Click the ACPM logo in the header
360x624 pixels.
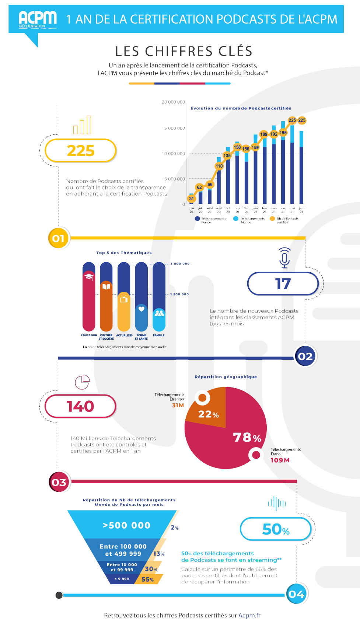coord(38,19)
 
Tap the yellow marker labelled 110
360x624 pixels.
coord(219,166)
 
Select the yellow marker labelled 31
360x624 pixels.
coord(191,199)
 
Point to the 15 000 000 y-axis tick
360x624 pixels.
coord(173,128)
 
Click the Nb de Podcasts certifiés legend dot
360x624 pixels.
coord(272,218)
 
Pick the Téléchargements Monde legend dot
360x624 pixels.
coord(236,218)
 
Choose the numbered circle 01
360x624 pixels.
coord(58,238)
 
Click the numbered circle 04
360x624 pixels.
coord(297,594)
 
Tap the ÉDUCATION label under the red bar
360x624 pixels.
coord(89,335)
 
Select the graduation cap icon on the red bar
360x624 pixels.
coord(89,276)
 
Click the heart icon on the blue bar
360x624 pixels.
coord(141,309)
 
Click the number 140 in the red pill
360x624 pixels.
coord(80,406)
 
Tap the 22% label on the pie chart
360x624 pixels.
coord(209,414)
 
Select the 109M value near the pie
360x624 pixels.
coord(280,460)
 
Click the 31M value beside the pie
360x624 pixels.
coord(178,405)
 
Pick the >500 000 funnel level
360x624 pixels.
coord(126,525)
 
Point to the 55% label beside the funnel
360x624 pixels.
coord(148,579)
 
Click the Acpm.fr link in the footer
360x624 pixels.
coord(249,615)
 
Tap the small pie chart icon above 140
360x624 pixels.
coord(83,382)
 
